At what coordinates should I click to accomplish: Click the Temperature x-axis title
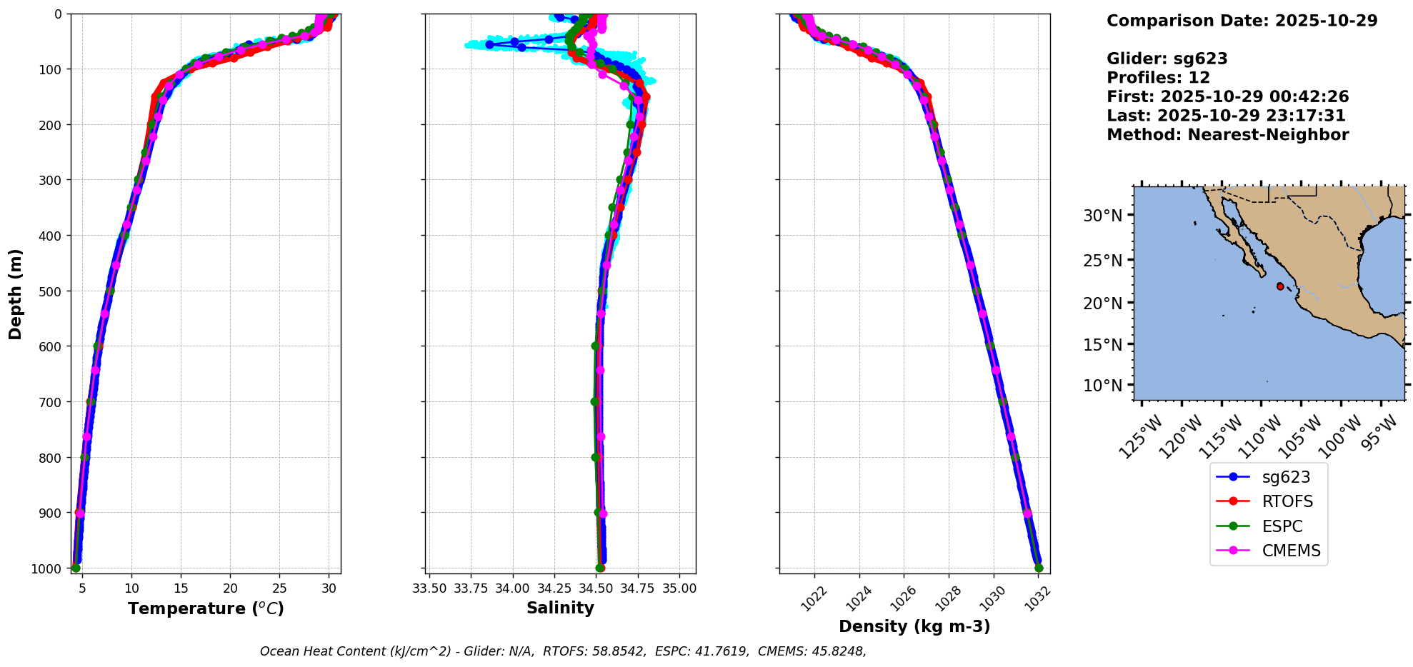pyautogui.click(x=206, y=608)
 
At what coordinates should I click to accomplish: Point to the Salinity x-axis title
pyautogui.click(x=560, y=608)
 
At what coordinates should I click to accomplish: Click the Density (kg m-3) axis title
pyautogui.click(x=914, y=626)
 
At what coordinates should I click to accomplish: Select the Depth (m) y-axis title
pyautogui.click(x=16, y=294)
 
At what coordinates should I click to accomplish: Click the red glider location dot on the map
pyautogui.click(x=1280, y=286)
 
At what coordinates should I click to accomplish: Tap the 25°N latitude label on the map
pyautogui.click(x=1103, y=260)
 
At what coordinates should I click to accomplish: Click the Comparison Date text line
pyautogui.click(x=1242, y=21)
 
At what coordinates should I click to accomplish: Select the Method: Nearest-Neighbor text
pyautogui.click(x=1227, y=135)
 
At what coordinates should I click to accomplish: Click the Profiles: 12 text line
pyautogui.click(x=1158, y=78)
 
